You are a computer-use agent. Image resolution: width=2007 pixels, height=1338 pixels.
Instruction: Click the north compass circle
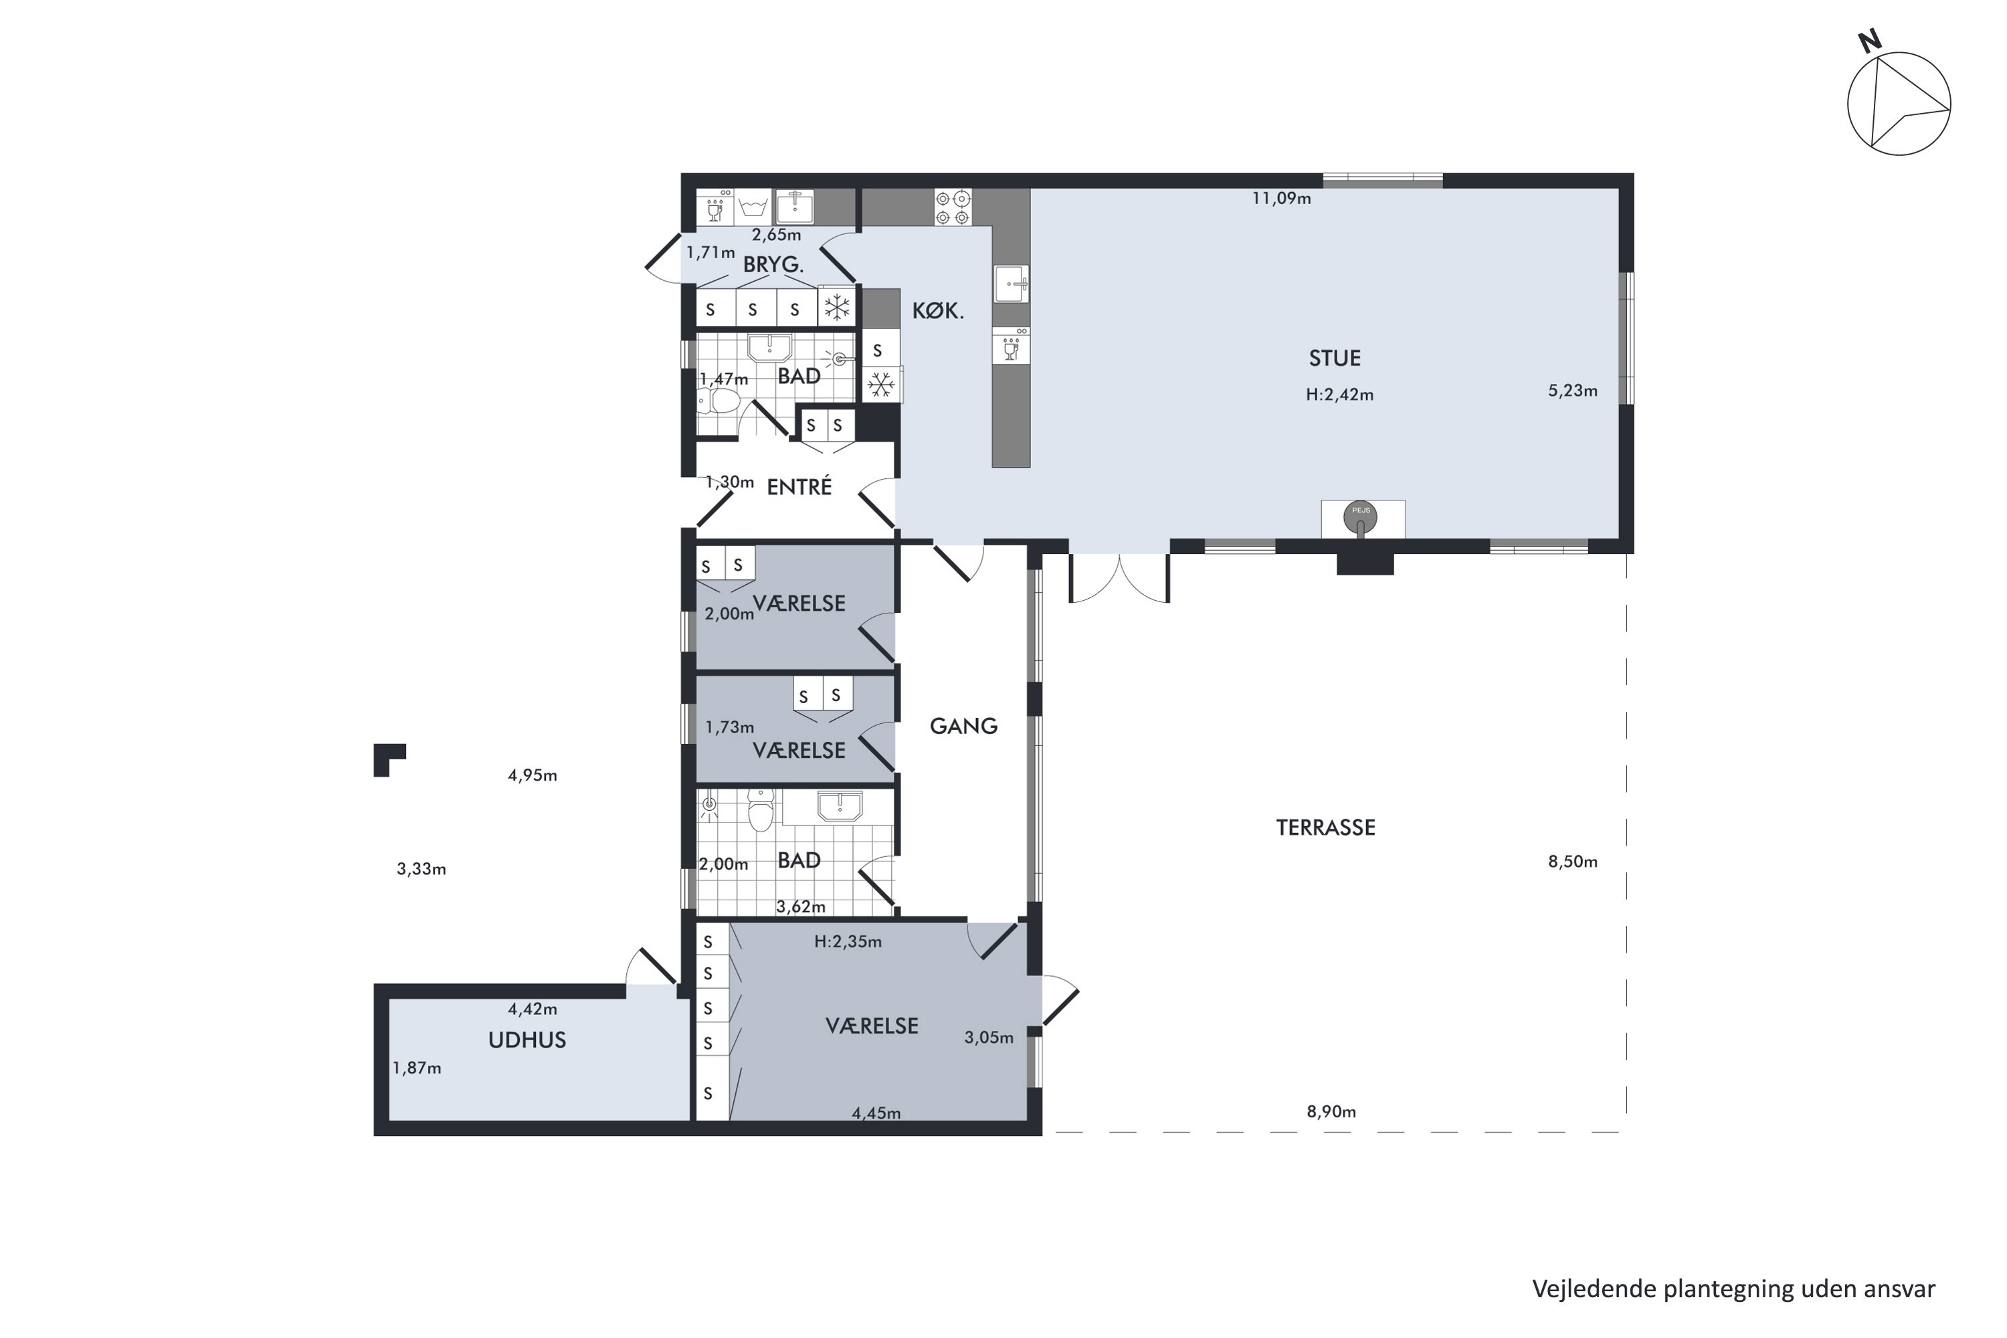pyautogui.click(x=1899, y=104)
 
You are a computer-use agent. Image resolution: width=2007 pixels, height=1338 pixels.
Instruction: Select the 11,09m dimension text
pyautogui.click(x=1281, y=199)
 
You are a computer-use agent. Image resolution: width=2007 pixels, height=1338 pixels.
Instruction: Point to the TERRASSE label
pyautogui.click(x=1325, y=828)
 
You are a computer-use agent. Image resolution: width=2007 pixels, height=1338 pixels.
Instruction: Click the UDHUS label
pyautogui.click(x=527, y=1040)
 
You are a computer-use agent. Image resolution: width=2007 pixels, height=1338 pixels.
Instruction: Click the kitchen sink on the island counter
pyautogui.click(x=1010, y=282)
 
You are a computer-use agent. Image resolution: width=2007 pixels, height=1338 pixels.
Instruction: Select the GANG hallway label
pyautogui.click(x=963, y=726)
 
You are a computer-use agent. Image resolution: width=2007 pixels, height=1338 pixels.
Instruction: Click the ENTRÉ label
pyautogui.click(x=799, y=487)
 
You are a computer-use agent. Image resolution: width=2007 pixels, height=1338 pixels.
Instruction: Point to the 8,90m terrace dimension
pyautogui.click(x=1331, y=1112)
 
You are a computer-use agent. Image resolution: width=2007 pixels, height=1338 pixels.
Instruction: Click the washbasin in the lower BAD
pyautogui.click(x=840, y=805)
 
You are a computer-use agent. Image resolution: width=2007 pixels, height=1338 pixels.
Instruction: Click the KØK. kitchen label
pyautogui.click(x=938, y=312)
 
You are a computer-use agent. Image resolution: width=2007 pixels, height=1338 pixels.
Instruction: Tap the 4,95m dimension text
pyautogui.click(x=532, y=775)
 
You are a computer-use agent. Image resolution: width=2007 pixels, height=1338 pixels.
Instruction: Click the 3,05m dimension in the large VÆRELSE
pyautogui.click(x=988, y=1038)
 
